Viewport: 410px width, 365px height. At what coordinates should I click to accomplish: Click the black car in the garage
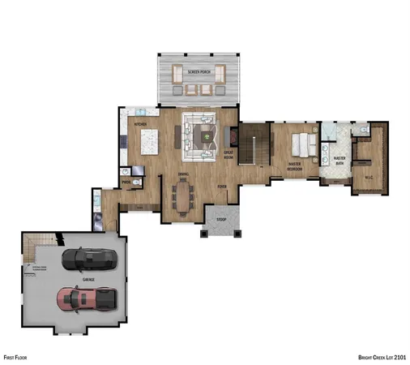click(88, 260)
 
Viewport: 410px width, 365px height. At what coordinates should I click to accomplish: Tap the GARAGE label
click(88, 279)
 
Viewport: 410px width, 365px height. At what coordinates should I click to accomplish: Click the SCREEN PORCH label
click(199, 72)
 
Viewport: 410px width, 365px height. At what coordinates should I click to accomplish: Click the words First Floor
click(15, 356)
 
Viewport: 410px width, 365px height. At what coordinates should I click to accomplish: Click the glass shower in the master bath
click(330, 134)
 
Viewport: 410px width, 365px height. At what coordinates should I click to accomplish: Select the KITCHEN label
click(140, 124)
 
